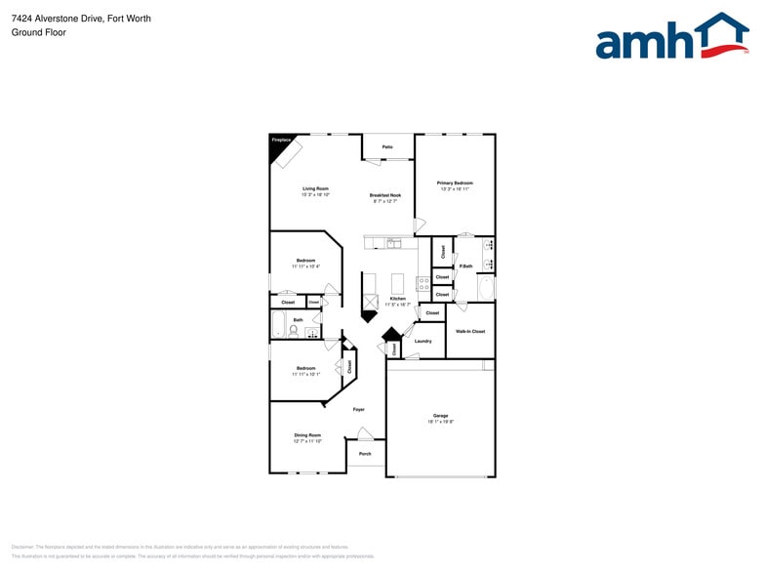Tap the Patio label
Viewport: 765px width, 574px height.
point(387,146)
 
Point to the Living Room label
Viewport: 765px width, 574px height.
point(315,188)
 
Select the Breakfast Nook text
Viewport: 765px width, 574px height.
point(385,195)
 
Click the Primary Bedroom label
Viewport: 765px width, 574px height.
point(455,184)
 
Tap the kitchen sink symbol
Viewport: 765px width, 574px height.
point(393,242)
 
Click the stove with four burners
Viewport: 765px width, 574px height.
point(423,284)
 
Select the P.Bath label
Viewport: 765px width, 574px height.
point(466,266)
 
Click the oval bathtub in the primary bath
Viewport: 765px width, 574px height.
point(486,288)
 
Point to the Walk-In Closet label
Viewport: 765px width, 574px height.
point(470,331)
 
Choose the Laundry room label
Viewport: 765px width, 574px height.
point(423,341)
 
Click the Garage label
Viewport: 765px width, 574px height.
point(440,417)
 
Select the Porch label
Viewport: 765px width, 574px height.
point(365,454)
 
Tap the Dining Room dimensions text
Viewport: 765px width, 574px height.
point(307,441)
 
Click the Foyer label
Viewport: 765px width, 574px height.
point(359,409)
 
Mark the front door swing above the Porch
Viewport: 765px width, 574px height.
point(364,433)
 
